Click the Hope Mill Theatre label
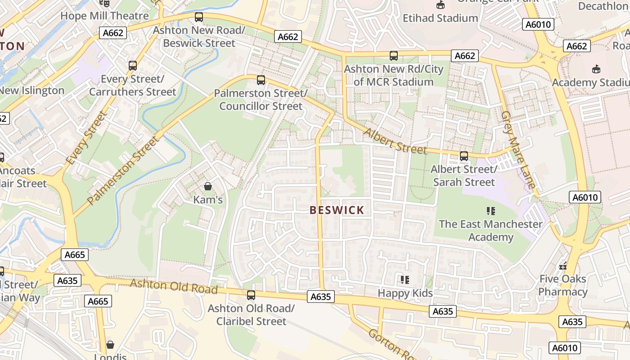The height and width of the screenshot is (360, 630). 104,16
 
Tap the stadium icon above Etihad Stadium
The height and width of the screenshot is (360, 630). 440,5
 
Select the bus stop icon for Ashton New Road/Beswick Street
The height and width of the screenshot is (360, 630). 198,18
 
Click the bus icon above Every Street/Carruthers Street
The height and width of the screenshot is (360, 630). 132,66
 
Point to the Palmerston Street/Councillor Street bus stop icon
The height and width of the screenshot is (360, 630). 261,80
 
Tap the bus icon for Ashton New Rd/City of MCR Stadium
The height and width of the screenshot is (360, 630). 393,56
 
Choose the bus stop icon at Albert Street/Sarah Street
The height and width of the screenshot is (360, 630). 463,156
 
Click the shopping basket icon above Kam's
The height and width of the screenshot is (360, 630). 208,186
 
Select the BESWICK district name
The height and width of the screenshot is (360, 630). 337,210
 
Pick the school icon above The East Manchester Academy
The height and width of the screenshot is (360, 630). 490,211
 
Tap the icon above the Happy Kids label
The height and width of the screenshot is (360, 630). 405,280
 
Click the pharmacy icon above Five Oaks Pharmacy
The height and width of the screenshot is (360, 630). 562,265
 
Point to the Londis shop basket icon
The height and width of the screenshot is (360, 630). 110,345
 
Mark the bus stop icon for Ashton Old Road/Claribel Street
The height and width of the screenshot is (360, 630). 251,295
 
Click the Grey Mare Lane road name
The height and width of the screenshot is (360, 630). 518,149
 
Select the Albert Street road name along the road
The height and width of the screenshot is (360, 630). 395,141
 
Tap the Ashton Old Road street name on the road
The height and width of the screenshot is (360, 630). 174,286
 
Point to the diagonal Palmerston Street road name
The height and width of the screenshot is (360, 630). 124,171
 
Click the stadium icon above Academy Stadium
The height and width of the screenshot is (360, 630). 596,69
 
